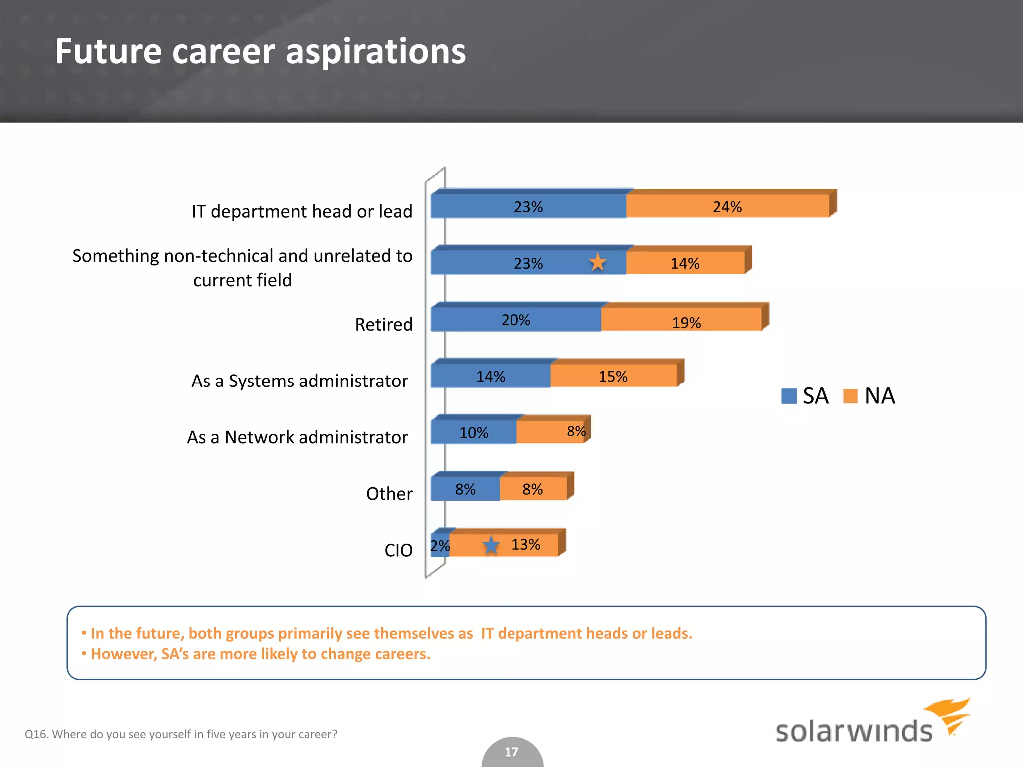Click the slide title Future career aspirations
click(260, 51)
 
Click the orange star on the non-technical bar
click(597, 262)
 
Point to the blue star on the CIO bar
click(491, 545)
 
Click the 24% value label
click(727, 207)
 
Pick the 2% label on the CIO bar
click(440, 546)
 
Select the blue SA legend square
click(789, 396)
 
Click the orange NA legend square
click(850, 396)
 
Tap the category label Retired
click(383, 324)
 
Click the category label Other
click(389, 494)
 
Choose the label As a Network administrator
click(297, 437)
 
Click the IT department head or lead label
click(302, 211)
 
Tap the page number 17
click(511, 752)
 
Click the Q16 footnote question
click(181, 734)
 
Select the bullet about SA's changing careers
click(260, 654)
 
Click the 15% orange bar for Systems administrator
click(613, 376)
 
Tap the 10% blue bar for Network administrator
click(473, 432)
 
